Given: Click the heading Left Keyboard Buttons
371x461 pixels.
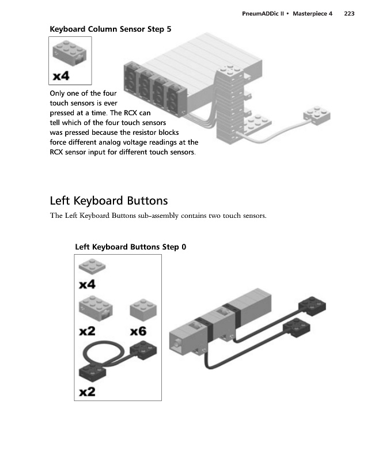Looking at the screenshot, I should coord(109,201).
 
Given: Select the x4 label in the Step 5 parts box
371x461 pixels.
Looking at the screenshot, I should coord(65,75).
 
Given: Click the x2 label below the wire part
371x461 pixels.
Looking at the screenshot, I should coord(88,392).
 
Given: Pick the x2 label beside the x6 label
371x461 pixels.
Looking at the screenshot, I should coord(88,331).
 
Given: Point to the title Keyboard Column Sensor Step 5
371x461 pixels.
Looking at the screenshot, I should coord(111,29).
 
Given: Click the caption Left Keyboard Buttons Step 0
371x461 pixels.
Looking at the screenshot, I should coord(131,247).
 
